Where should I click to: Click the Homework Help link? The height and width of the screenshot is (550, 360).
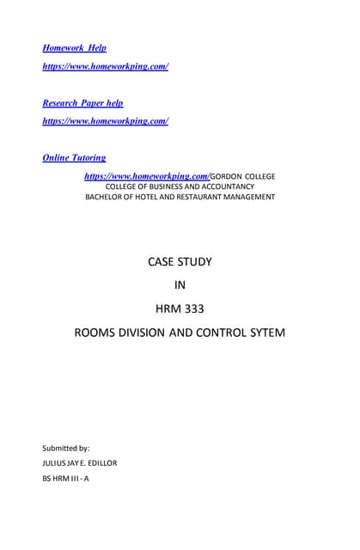click(75, 48)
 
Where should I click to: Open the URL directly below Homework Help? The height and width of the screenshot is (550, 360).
click(105, 66)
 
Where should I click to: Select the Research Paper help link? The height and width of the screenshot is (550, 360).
click(82, 103)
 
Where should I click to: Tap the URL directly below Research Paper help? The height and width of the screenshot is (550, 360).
click(105, 121)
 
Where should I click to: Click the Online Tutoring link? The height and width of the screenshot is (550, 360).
click(74, 158)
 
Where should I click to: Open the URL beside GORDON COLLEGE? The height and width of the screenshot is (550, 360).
click(146, 176)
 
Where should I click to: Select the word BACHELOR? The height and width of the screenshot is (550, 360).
click(107, 197)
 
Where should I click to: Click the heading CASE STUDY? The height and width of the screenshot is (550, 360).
click(180, 261)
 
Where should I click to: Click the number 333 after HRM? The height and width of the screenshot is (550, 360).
click(193, 308)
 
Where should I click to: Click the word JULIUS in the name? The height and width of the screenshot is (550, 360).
click(56, 463)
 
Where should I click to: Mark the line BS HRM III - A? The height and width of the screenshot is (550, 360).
click(65, 479)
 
